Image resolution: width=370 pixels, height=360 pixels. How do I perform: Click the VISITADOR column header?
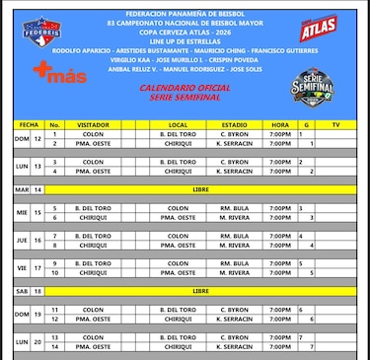tap(94, 125)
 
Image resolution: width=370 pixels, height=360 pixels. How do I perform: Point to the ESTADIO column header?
tap(234, 125)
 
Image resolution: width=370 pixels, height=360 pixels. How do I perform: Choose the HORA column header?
tap(279, 125)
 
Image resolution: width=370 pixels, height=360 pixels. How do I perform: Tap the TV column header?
tap(335, 125)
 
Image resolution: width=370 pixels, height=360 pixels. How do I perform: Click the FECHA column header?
tap(30, 125)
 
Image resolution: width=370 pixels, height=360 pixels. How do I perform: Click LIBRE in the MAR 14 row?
tap(201, 188)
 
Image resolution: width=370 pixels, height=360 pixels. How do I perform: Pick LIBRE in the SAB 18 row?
tap(201, 292)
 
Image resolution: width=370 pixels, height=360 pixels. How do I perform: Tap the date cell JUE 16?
tap(30, 240)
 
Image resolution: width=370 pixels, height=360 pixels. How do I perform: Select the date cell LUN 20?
tap(30, 342)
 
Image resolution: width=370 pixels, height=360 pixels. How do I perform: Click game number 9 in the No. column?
tap(55, 263)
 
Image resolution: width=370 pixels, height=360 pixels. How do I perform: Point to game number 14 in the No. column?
tap(55, 347)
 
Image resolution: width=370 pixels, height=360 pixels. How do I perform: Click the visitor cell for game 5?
tap(94, 208)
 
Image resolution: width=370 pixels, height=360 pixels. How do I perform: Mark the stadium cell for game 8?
tap(234, 245)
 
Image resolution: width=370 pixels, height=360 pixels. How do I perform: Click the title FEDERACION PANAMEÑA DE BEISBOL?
tap(185, 7)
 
